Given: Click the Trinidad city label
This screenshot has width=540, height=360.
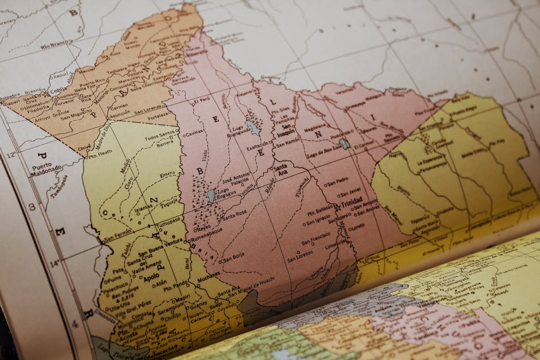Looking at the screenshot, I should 352,204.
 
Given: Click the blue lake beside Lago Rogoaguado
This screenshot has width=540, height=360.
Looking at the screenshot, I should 252,127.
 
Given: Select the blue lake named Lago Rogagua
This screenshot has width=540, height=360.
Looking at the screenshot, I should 211,196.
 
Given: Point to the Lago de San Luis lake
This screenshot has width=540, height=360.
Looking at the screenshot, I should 344,144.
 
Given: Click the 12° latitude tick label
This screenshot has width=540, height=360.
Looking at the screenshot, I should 11,154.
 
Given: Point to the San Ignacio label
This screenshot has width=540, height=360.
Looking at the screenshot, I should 318,217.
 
